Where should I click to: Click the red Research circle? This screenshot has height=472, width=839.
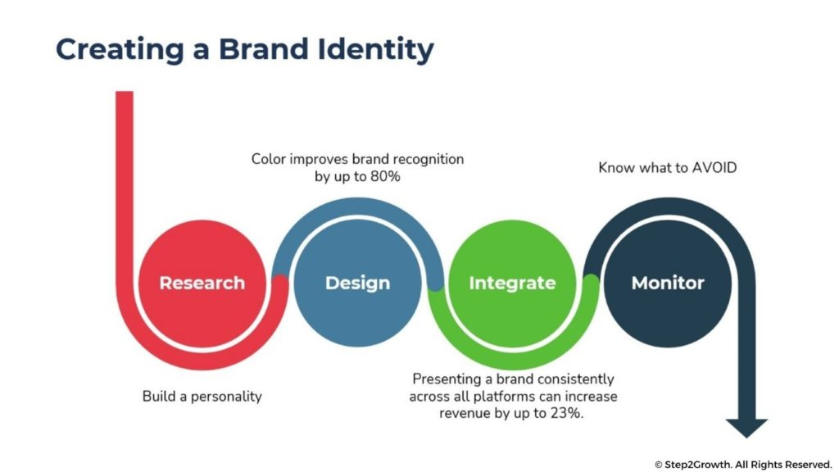(202, 283)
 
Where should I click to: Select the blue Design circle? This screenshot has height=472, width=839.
(357, 283)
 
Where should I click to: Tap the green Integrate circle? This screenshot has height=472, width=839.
(513, 283)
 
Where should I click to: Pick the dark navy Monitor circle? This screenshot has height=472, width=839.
(668, 283)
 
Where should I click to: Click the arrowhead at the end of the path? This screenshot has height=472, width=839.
(746, 428)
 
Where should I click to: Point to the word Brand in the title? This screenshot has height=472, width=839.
(263, 48)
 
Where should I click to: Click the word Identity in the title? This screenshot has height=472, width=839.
(375, 50)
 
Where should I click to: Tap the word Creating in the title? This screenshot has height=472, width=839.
(120, 50)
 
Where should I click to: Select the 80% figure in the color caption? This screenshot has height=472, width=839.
(385, 176)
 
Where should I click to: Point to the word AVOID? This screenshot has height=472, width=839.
(714, 167)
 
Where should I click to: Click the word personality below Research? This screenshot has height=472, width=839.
(226, 397)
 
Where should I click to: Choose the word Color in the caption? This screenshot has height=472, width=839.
(269, 159)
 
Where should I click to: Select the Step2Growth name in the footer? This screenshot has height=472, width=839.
(698, 465)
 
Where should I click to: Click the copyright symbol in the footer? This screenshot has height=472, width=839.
(659, 465)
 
